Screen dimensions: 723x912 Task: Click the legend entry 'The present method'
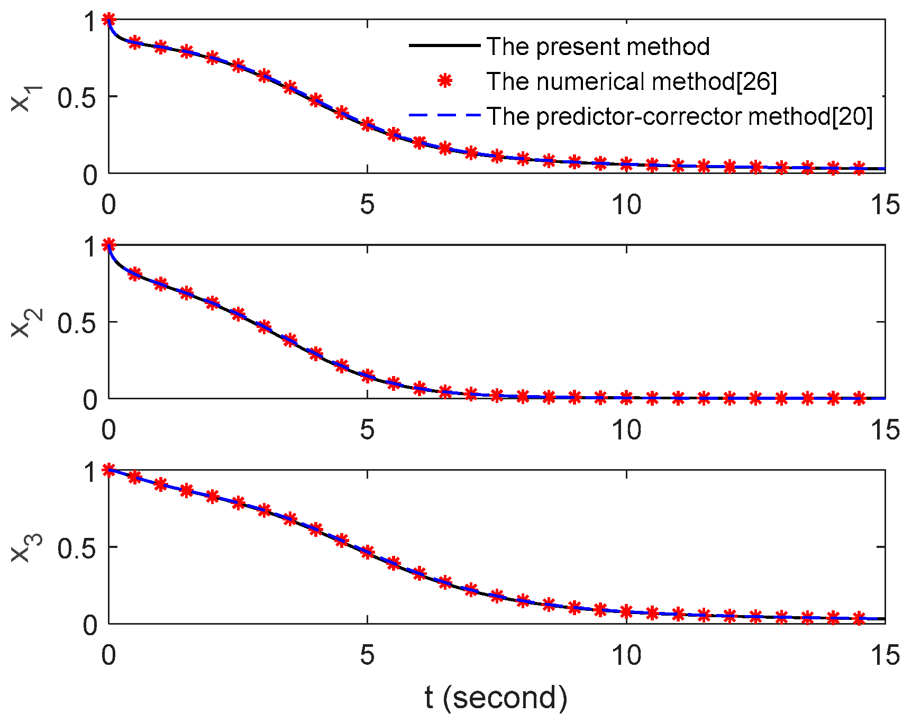598,47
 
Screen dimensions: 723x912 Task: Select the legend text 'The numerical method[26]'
632,81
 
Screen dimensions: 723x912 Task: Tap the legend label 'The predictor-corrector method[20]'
679,116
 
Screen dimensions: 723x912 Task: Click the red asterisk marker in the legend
445,81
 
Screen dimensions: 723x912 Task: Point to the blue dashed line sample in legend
444,115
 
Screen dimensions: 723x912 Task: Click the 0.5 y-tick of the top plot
77,98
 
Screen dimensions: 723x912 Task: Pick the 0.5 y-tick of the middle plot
77,323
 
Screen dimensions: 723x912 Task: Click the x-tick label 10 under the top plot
626,204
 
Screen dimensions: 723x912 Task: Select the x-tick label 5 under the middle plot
367,429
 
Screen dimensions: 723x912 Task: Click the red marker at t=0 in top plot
108,20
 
